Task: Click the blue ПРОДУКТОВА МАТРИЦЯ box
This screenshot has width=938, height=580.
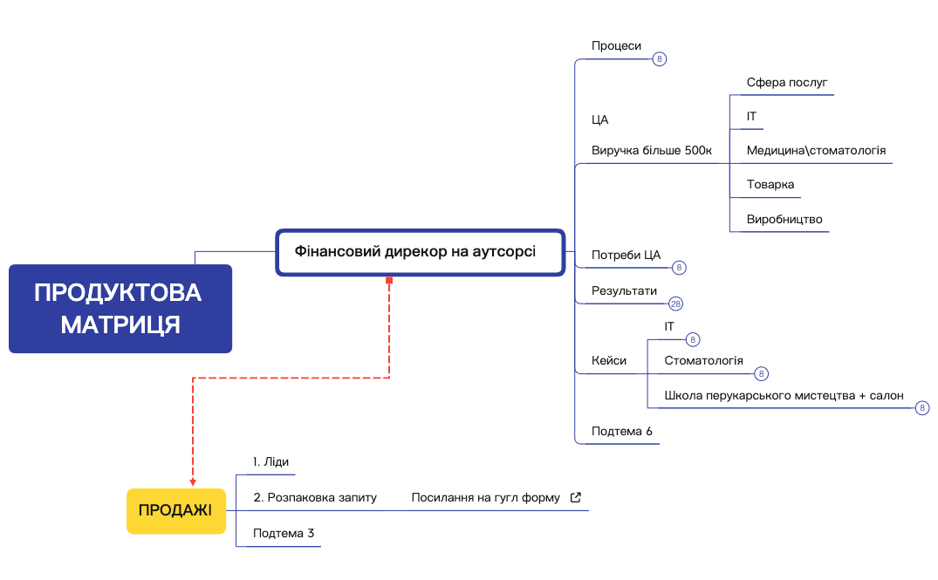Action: tap(120, 309)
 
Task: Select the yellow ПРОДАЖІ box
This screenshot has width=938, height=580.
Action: tap(176, 510)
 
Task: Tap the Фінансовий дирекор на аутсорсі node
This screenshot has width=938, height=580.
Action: tap(420, 252)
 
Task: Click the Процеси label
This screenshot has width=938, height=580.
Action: tap(616, 46)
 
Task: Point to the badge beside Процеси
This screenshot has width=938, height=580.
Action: tap(660, 58)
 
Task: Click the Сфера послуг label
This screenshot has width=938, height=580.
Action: tap(787, 83)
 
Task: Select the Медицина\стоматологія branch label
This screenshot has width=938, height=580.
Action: tap(816, 151)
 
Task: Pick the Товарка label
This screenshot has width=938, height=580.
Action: tap(770, 185)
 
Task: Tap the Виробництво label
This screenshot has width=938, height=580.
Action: tap(784, 220)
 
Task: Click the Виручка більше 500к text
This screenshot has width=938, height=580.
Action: tap(652, 151)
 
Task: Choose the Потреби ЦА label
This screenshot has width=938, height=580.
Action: tap(626, 256)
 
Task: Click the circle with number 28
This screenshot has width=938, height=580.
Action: tap(675, 304)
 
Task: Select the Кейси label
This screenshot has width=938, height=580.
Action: tap(609, 360)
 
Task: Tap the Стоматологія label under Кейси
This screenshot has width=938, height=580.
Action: tap(703, 360)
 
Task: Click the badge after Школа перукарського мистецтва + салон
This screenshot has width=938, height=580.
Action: tap(921, 408)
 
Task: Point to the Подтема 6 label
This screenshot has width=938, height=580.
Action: tap(621, 431)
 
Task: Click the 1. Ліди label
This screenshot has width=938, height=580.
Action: tap(270, 461)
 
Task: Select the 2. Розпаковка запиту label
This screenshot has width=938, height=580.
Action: tap(315, 497)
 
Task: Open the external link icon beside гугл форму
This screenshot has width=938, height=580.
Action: tap(576, 497)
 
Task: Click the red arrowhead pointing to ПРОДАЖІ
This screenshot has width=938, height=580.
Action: tap(193, 482)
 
